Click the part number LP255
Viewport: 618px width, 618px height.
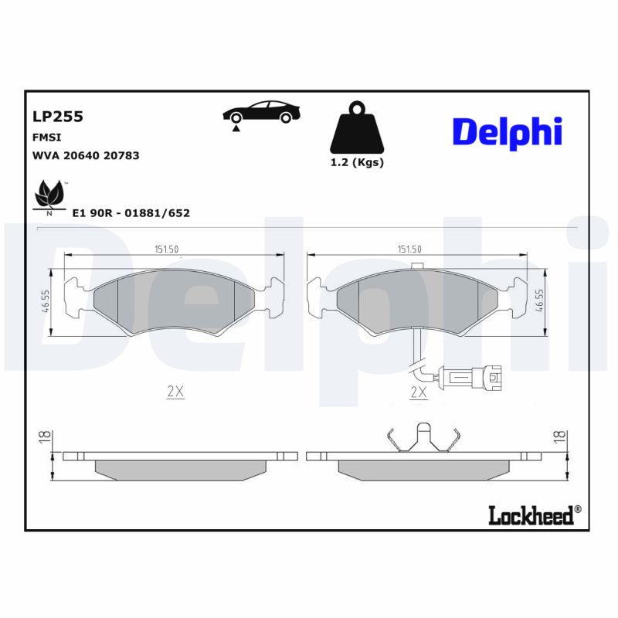pos(57,117)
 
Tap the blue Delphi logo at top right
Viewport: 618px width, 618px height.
pos(507,132)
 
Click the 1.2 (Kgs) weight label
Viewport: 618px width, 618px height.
pos(357,162)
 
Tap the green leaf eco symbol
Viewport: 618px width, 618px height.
pos(49,194)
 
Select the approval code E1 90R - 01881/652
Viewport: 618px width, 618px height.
pos(131,212)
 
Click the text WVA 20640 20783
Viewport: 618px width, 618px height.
pos(85,155)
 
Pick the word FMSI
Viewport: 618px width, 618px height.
pos(46,137)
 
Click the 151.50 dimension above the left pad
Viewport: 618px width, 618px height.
pos(167,249)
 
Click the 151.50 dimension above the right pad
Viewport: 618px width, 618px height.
pos(409,249)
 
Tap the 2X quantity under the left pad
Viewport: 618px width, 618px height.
pos(175,392)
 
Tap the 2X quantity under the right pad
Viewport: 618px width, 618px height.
pos(418,392)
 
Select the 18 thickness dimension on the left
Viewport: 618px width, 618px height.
pos(43,436)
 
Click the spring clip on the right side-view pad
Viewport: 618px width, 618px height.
pos(423,440)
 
